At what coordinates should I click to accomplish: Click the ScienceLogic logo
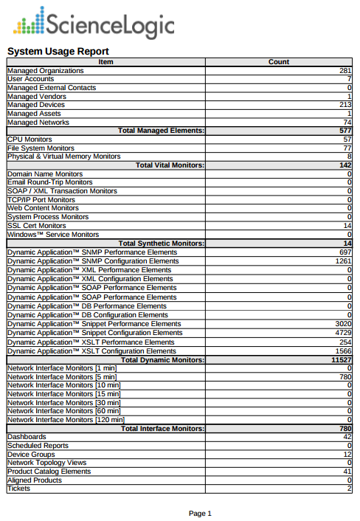click(x=94, y=24)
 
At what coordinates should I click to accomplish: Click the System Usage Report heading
click(x=58, y=51)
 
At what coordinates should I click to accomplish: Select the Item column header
click(x=105, y=62)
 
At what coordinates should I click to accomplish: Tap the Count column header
click(x=279, y=62)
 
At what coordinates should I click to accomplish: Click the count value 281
click(x=345, y=71)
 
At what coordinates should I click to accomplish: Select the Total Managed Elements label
click(x=161, y=131)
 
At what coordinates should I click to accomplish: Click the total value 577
click(x=345, y=131)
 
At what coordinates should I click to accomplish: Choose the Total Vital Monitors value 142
click(x=345, y=165)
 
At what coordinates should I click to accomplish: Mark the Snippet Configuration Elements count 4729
click(x=343, y=333)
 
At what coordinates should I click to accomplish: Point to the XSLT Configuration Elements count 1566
click(x=343, y=351)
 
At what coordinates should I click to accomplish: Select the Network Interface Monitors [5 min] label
click(x=61, y=377)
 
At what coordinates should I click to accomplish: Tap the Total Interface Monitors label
click(x=162, y=428)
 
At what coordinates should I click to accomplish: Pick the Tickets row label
click(x=18, y=489)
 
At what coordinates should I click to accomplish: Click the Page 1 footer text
click(x=200, y=513)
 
